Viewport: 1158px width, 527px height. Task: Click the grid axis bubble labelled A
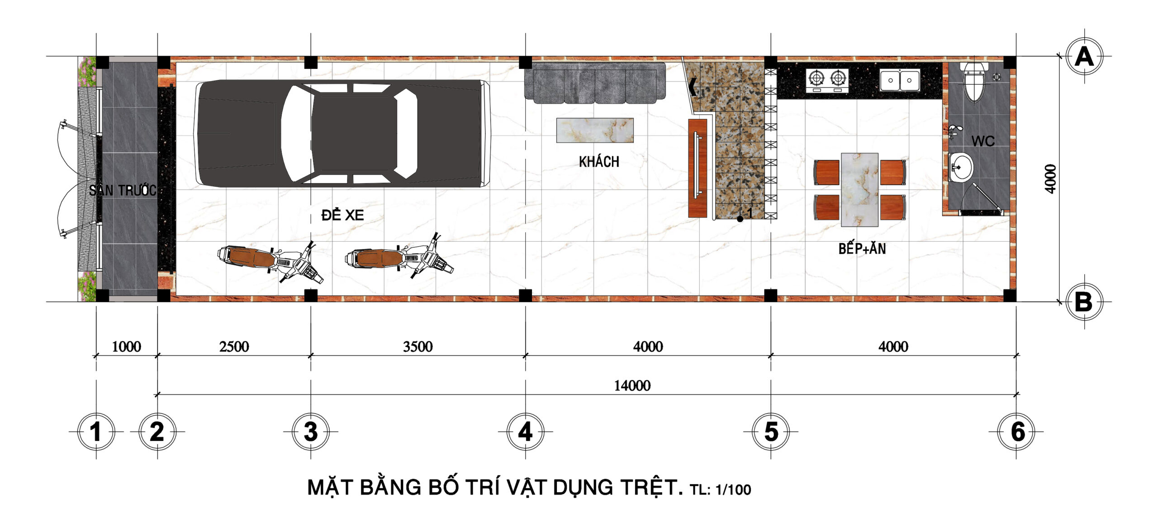point(1084,57)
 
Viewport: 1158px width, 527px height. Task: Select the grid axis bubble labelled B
point(1084,302)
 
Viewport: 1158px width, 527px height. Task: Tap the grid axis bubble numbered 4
point(525,431)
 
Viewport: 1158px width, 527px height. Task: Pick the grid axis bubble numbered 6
point(1016,431)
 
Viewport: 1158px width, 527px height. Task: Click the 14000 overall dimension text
point(632,386)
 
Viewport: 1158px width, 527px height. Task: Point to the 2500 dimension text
point(234,347)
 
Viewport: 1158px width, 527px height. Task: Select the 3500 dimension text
point(418,347)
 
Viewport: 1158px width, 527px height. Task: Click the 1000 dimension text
point(126,347)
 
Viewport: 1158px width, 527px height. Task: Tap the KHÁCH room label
point(599,161)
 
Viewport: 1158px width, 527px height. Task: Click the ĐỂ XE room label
point(342,215)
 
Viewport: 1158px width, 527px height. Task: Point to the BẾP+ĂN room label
point(862,248)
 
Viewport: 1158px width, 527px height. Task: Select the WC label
point(983,141)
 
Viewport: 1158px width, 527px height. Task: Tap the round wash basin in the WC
point(960,168)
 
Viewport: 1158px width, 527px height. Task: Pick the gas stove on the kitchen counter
point(827,80)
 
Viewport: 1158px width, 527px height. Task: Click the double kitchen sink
point(900,80)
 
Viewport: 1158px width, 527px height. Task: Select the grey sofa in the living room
point(595,83)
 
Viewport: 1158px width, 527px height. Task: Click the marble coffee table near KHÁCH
point(595,130)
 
